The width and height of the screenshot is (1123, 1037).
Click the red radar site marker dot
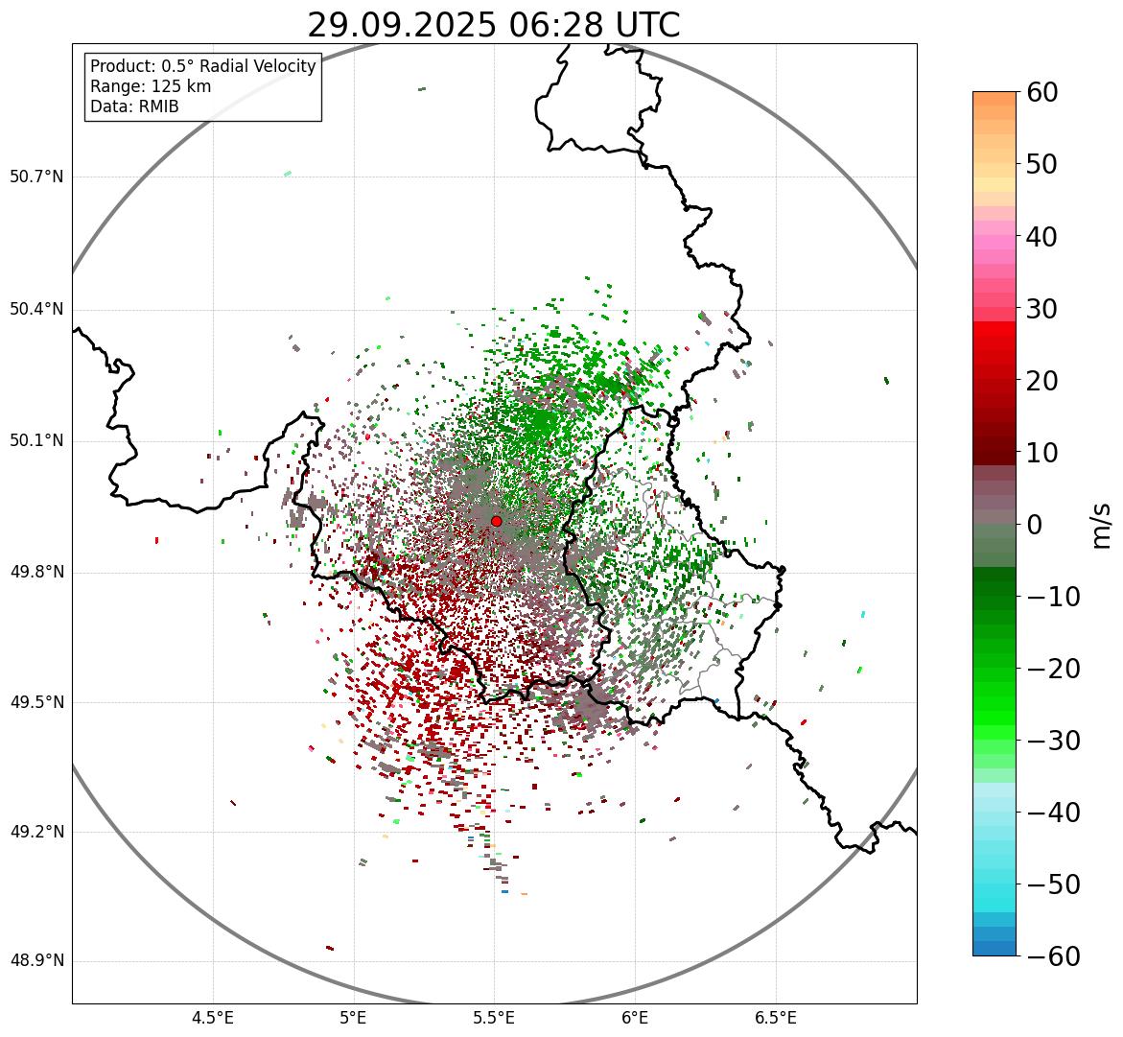pos(496,521)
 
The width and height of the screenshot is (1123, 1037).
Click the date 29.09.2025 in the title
pos(401,25)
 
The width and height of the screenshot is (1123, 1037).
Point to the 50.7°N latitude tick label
pos(36,177)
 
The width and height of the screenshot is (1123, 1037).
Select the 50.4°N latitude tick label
pos(36,310)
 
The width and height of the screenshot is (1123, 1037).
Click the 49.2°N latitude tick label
pos(36,832)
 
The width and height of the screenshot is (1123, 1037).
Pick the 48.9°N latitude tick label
pos(36,961)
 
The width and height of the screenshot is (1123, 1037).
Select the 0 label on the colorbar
pos(1035,525)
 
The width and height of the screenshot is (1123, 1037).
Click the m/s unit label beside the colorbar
pos(1101,525)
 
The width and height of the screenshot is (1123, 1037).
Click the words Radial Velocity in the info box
pos(254,66)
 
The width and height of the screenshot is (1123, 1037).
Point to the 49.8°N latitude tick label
pos(36,573)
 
